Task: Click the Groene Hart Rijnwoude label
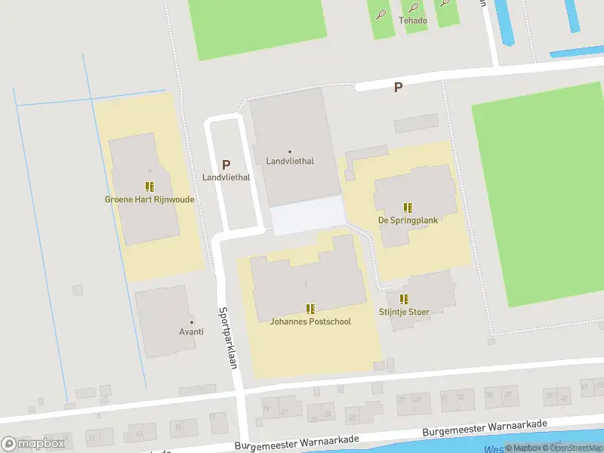[x=149, y=200]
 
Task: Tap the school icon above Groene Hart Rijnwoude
[x=149, y=186]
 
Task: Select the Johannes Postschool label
[x=310, y=322]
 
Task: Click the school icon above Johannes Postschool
[x=310, y=308]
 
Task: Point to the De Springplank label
[x=408, y=220]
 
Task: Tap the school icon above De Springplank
[x=408, y=207]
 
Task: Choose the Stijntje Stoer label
[x=404, y=312]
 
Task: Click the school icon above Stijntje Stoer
[x=404, y=298]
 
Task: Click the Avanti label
[x=192, y=332]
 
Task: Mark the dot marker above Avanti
[x=192, y=322]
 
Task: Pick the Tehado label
[x=413, y=20]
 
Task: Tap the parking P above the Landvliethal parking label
[x=226, y=164]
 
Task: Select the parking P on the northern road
[x=398, y=87]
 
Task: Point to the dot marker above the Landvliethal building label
[x=290, y=152]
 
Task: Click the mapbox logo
[x=33, y=443]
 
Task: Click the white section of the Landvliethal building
[x=307, y=215]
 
